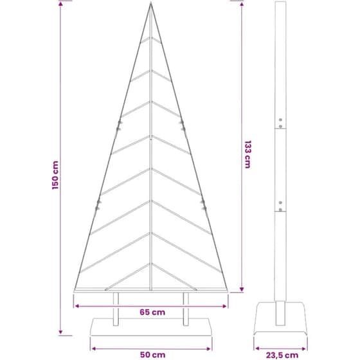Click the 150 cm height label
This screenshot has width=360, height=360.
tap(55, 175)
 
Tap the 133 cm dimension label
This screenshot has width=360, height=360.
tap(248, 154)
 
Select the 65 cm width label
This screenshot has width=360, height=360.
tap(152, 312)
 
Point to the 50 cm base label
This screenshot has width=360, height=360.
tap(153, 355)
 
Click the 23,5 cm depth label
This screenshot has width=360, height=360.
tap(282, 355)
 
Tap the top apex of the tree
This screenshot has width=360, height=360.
tap(151, 3)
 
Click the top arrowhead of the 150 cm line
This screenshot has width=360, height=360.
tap(60, 3)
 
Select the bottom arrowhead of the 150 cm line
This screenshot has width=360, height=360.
tap(60, 332)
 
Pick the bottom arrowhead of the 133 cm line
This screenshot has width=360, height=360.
tap(242, 289)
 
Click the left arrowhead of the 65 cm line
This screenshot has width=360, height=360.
tap(77, 306)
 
